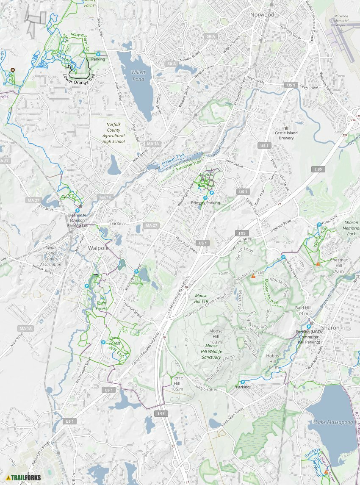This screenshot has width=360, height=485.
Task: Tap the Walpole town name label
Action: coord(98,248)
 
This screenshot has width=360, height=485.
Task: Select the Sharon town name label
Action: coord(330,328)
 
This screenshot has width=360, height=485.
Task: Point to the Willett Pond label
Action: coord(138,76)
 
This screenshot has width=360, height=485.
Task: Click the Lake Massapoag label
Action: coord(332,422)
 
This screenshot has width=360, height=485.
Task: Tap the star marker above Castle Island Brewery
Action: coord(286,128)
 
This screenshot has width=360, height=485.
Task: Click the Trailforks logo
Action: coord(24,477)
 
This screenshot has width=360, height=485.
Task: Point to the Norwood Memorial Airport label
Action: coord(341,21)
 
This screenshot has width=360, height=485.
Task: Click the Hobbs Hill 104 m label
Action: coord(273,362)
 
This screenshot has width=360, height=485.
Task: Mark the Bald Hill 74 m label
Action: coord(303,310)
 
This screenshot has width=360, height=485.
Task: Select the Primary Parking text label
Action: coord(205,203)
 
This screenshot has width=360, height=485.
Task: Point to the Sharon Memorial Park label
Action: coord(351,228)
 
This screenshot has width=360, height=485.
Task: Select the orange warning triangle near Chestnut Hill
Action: coord(318,264)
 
